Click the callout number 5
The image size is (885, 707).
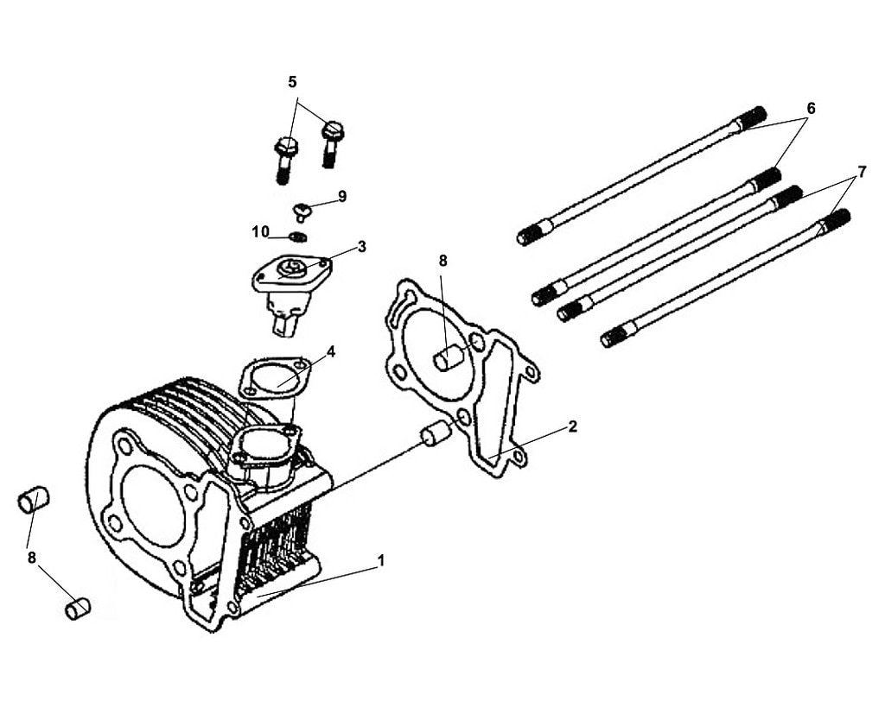tap(292, 82)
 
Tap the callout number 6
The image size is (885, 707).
tap(811, 108)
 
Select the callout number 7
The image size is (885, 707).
tap(861, 172)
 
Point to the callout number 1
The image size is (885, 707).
tap(380, 560)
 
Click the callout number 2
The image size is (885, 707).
tap(573, 426)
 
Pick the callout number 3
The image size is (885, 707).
tap(361, 246)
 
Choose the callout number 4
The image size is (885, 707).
tap(330, 351)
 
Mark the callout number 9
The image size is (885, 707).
tap(342, 196)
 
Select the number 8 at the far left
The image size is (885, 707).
tap(32, 558)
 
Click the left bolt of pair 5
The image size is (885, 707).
tap(285, 155)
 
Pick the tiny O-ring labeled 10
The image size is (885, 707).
tap(299, 237)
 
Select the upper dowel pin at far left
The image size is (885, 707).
tap(34, 499)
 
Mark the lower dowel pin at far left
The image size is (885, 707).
tap(78, 608)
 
